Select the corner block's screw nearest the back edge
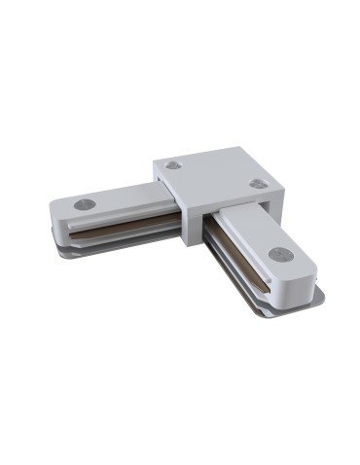(174, 163)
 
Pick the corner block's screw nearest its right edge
(258, 183)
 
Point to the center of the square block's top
(216, 179)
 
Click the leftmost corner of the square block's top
(153, 164)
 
